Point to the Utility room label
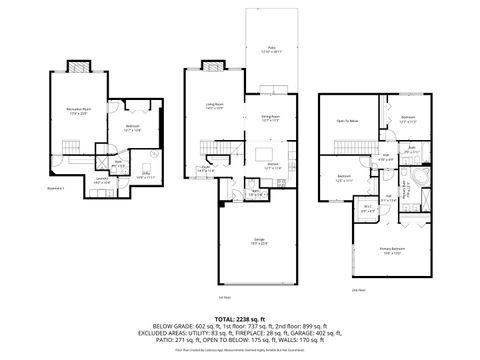pyautogui.click(x=145, y=173)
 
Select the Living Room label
pyautogui.click(x=214, y=104)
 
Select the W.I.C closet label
pyautogui.click(x=368, y=208)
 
